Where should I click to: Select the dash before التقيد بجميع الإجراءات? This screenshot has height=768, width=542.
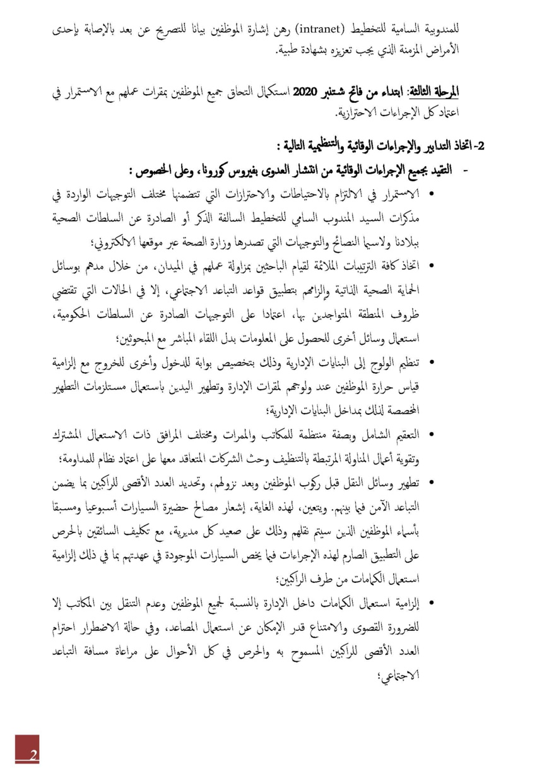[466, 171]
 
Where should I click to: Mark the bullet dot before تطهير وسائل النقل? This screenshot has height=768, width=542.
[432, 483]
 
